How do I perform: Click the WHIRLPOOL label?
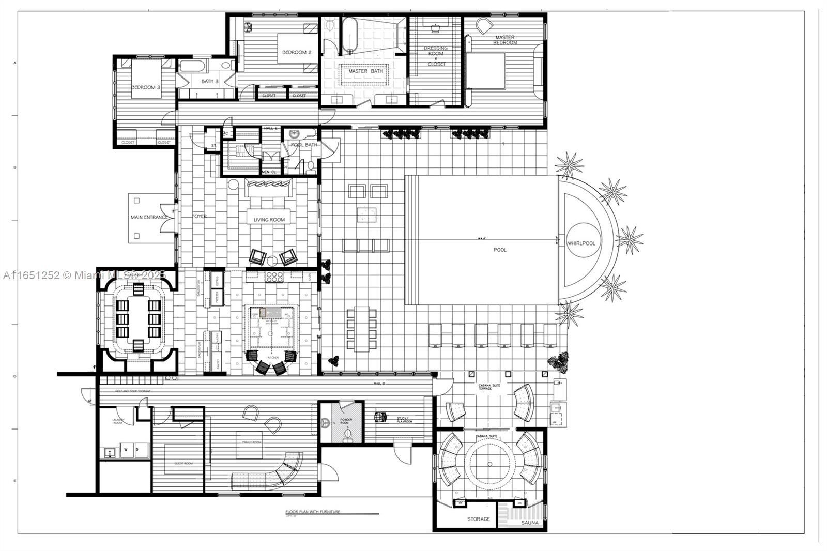coord(581,243)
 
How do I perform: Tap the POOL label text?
coord(500,250)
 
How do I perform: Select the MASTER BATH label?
coord(365,71)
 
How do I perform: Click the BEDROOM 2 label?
coord(296,52)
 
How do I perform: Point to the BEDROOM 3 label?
coord(145,88)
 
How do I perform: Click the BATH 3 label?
coord(210,82)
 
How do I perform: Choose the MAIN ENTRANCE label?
coord(149,217)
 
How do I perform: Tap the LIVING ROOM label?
coord(269,220)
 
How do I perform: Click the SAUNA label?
coord(530,523)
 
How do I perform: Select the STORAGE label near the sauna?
coord(478,519)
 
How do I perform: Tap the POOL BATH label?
coord(304,145)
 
